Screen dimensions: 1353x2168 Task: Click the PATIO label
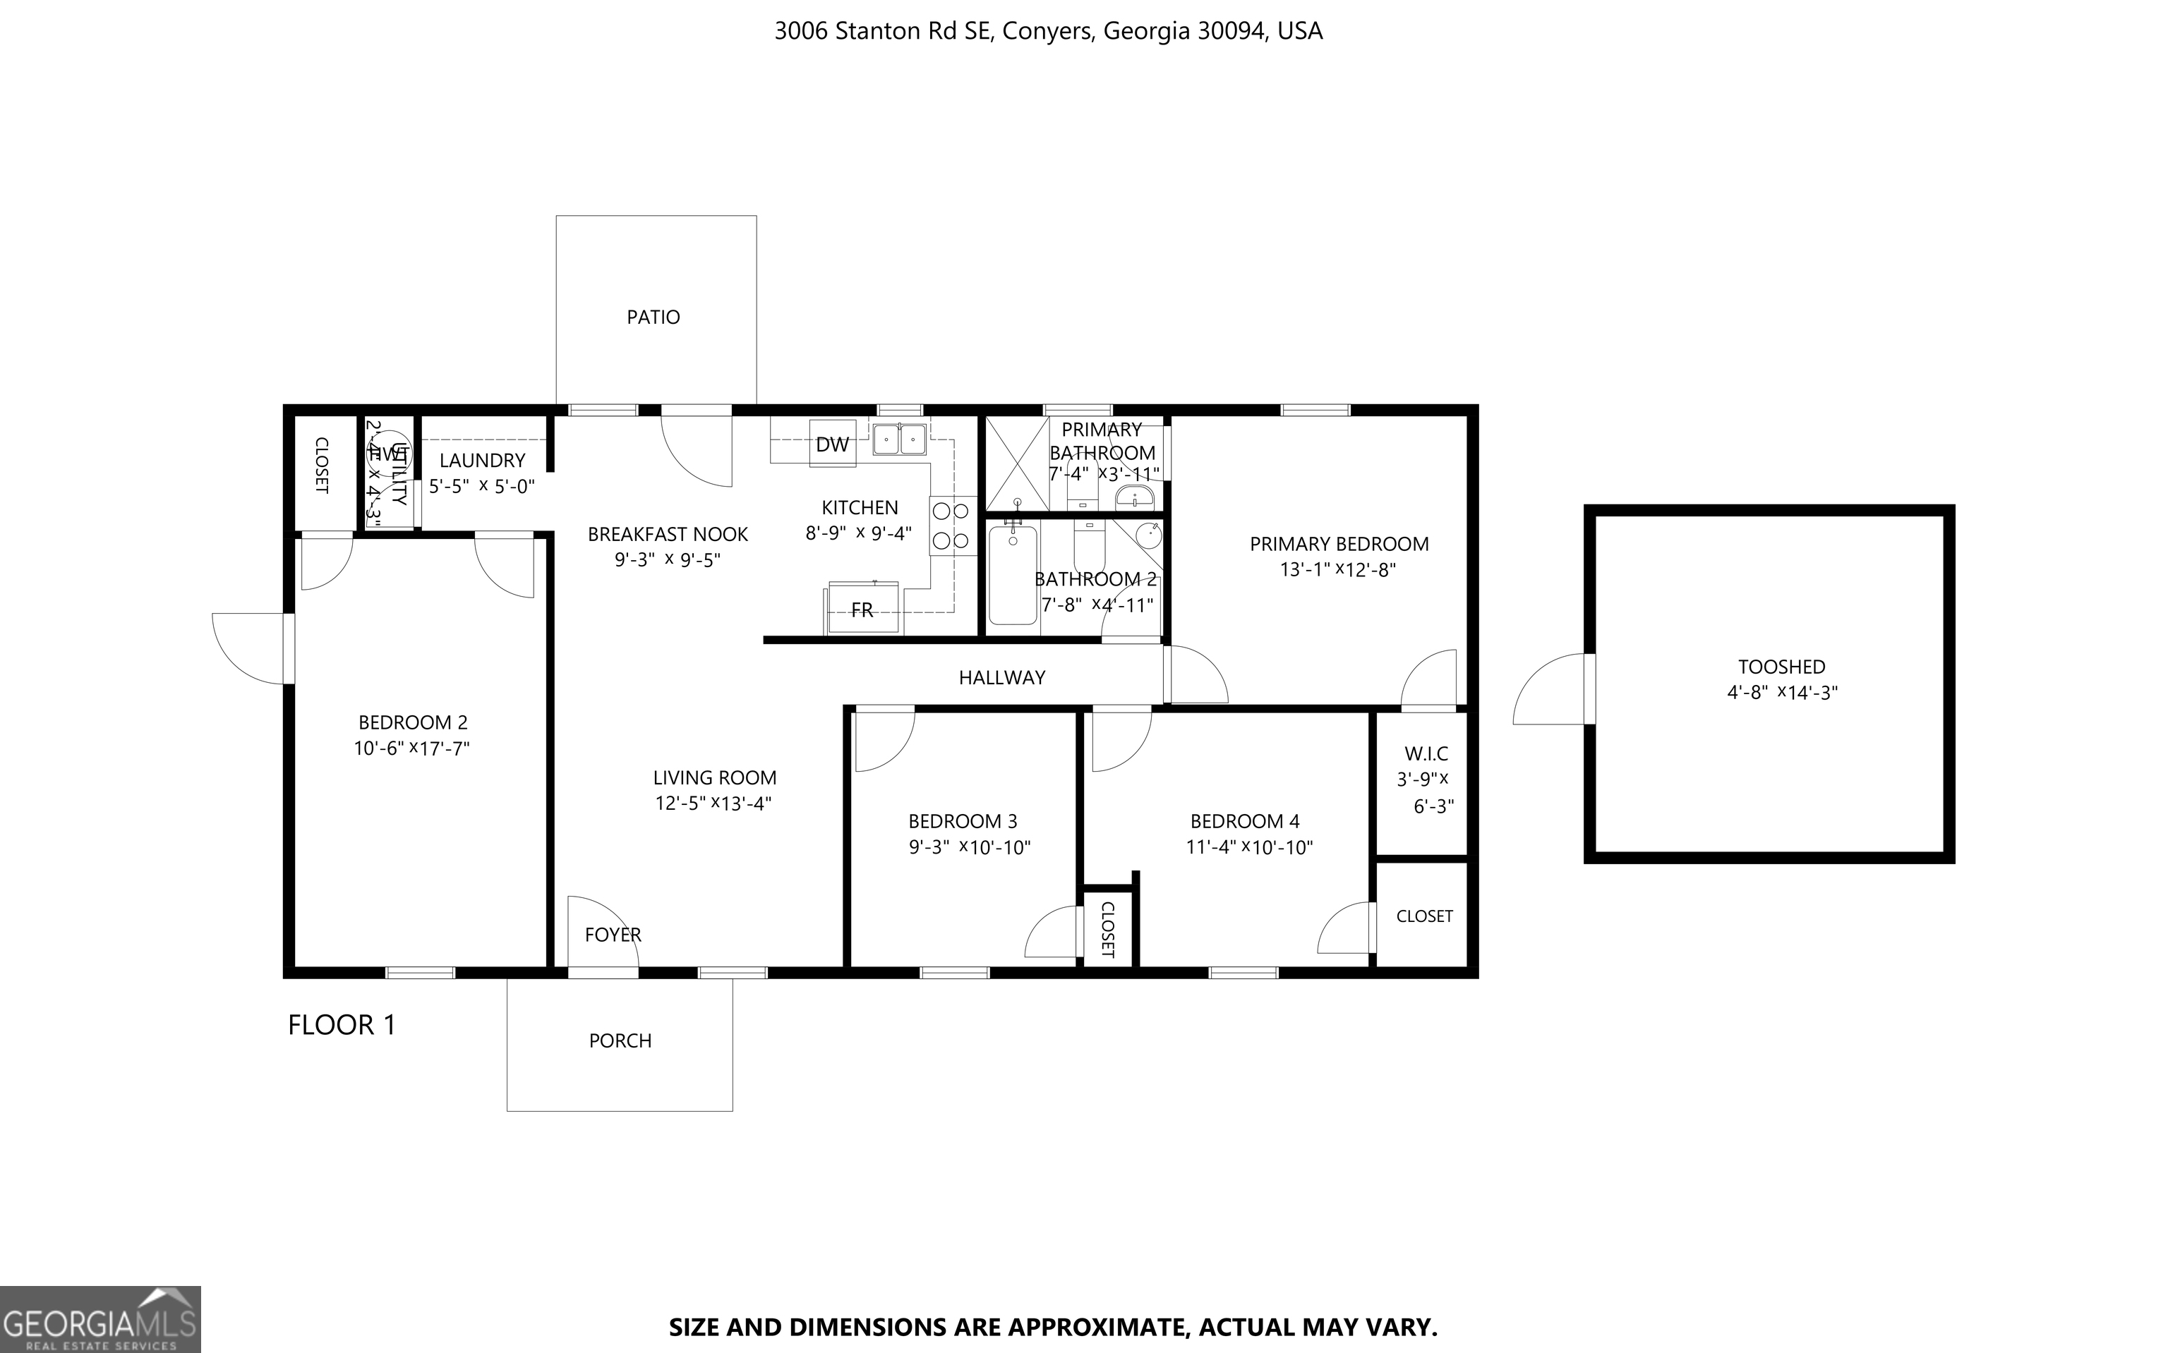point(653,317)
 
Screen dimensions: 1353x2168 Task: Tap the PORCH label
point(620,1040)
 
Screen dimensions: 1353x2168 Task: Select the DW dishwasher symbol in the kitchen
point(833,444)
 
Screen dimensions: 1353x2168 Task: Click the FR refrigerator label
point(862,610)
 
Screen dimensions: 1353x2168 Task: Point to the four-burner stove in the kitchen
point(951,526)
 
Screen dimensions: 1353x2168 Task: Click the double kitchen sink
point(900,439)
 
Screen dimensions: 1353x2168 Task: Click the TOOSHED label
point(1781,667)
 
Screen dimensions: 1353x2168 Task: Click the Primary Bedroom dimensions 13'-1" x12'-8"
point(1337,569)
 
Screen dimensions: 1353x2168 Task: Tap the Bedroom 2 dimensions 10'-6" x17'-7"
point(411,748)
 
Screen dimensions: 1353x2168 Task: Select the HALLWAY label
point(1001,677)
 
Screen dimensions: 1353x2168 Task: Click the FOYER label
point(613,934)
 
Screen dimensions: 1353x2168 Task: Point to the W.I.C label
point(1426,753)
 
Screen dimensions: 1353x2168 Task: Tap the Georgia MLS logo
point(100,1319)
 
